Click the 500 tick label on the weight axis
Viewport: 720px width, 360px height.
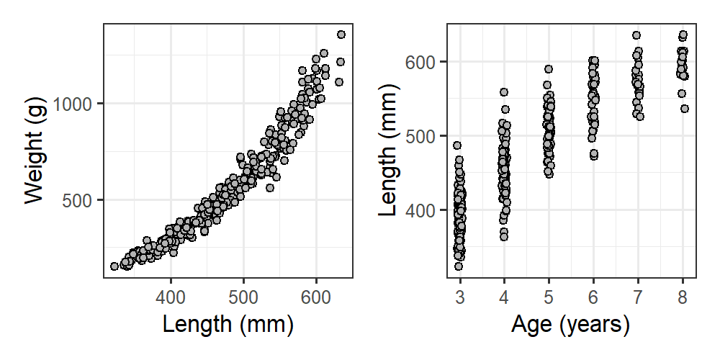(79, 200)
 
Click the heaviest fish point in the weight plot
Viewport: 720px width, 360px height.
(341, 35)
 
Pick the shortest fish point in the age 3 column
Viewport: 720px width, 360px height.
(459, 266)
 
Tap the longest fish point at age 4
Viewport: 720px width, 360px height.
(504, 92)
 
